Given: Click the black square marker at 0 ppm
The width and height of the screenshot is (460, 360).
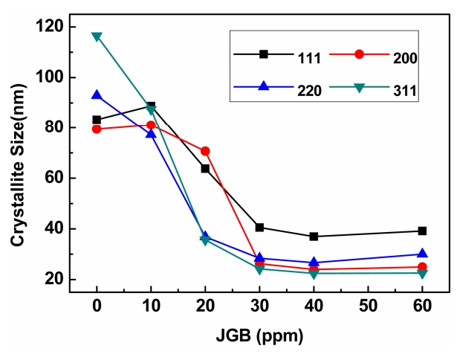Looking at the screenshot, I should point(97,120).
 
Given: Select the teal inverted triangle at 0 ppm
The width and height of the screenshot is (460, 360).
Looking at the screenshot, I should point(97,36).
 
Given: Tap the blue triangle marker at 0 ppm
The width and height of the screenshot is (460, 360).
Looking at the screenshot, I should point(97,95).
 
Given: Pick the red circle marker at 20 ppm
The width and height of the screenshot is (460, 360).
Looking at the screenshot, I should point(205,151).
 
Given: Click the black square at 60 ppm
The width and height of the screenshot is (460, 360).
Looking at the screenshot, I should point(422,231).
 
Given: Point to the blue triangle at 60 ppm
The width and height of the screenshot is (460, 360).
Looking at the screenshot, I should point(422,254).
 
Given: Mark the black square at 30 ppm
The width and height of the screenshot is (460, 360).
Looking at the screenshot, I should point(259,228).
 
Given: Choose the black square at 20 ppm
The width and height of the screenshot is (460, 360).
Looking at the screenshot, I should point(205,169).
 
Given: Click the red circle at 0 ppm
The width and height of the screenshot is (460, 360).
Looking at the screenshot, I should point(97,129).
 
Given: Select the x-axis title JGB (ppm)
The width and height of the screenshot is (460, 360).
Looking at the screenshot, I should point(259,335).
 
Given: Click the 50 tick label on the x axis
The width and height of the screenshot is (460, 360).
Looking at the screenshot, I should point(368,306).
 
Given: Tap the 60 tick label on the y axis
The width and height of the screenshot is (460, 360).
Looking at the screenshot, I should point(54,179).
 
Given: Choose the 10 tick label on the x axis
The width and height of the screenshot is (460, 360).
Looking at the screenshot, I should point(151,306).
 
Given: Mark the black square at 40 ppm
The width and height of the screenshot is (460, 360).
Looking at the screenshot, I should point(314,237).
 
